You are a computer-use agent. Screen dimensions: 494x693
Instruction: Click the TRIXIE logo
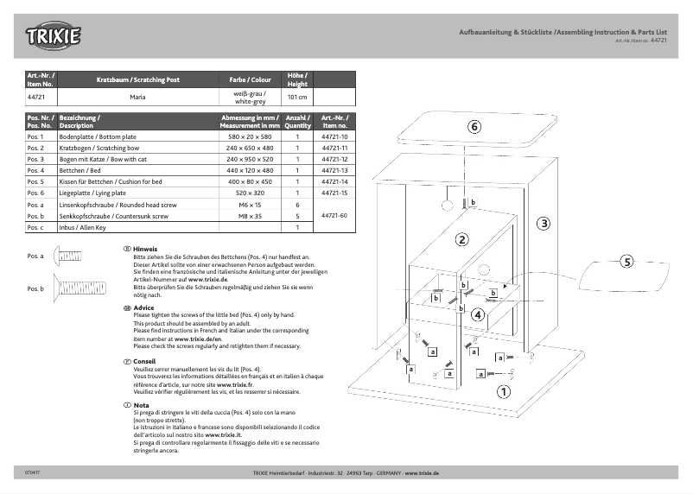pos(54,36)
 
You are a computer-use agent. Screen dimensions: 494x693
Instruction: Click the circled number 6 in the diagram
pos(474,126)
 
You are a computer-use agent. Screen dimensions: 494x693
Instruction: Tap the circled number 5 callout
pos(626,261)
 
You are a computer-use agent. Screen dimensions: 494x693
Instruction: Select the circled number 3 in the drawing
pos(544,224)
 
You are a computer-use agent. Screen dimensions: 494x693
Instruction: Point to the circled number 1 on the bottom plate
pos(500,390)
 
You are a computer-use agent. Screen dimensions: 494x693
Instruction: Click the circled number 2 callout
pos(462,239)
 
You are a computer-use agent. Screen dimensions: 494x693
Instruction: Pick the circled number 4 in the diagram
pos(477,314)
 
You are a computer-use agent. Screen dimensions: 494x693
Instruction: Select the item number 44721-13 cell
pos(334,171)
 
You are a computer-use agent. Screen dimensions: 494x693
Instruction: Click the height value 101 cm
pos(296,97)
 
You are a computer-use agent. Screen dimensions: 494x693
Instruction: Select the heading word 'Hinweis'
pos(145,249)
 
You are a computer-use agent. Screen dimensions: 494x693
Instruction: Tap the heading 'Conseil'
pos(144,361)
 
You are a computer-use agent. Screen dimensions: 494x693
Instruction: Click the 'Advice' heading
pos(143,307)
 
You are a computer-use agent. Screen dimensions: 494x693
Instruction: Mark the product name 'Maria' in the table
pos(137,97)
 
